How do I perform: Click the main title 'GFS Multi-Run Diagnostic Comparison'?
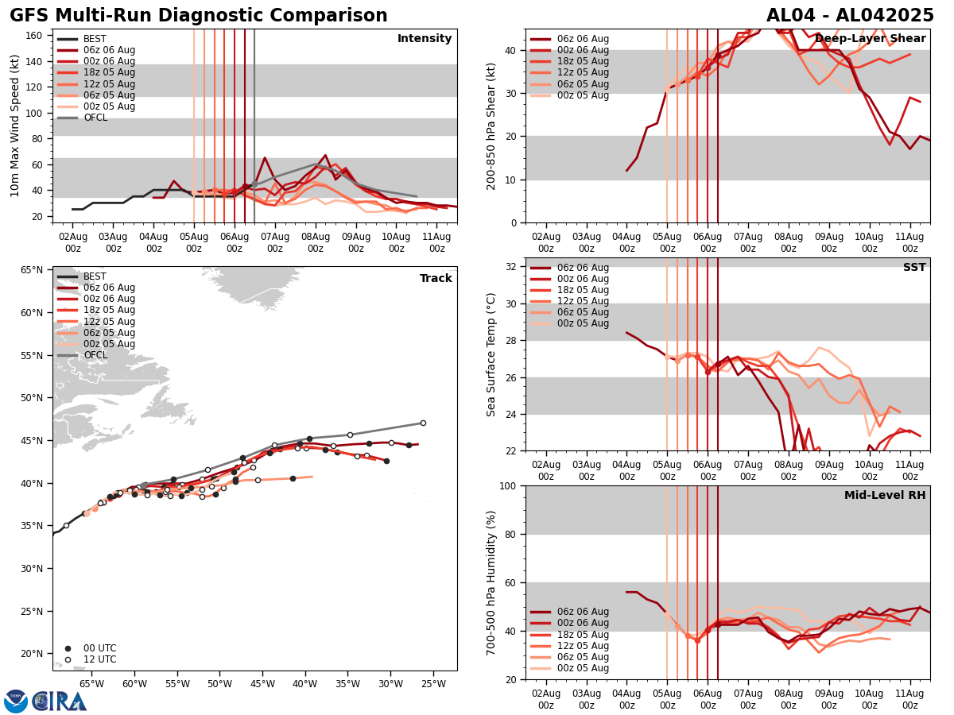[199, 16]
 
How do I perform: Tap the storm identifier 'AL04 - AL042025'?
[850, 16]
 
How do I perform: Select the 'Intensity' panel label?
[425, 39]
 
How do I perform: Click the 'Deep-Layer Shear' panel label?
[871, 39]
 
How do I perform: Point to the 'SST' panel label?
[914, 268]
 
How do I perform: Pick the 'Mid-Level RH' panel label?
[885, 496]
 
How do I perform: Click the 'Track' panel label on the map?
[436, 279]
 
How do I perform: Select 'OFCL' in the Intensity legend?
[95, 118]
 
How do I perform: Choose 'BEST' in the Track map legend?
[95, 276]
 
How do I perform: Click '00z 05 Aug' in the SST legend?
[582, 323]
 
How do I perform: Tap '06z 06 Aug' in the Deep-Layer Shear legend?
[582, 39]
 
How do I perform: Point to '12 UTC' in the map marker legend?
[99, 659]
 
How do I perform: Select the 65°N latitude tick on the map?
[32, 270]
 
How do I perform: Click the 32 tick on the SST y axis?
[513, 267]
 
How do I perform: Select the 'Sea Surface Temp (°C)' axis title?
[492, 354]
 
